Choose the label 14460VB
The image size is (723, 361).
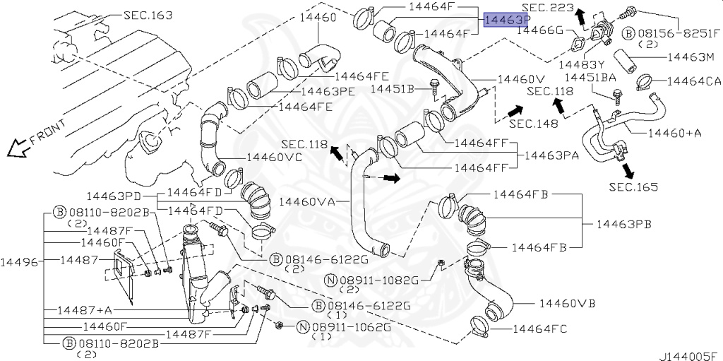[x=567, y=304]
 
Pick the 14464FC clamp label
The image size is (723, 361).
[x=539, y=329]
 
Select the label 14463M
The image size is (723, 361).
[x=691, y=56]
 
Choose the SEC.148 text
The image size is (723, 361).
[x=533, y=123]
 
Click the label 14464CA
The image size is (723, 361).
[x=694, y=81]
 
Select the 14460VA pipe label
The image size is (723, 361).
[x=306, y=201]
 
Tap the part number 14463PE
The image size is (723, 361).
[x=328, y=91]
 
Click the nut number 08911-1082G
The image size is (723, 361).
[x=382, y=279]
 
